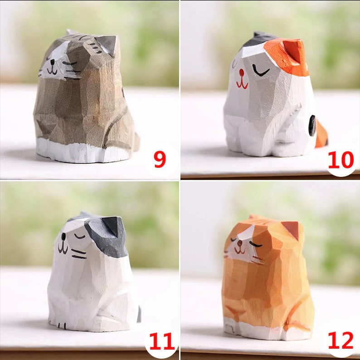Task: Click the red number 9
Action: click(x=160, y=159)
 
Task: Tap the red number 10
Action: click(x=341, y=160)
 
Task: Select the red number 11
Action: click(x=161, y=341)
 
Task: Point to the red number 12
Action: click(x=341, y=340)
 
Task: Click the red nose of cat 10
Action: click(x=241, y=73)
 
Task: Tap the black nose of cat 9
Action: click(x=53, y=62)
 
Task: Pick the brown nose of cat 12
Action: click(x=240, y=243)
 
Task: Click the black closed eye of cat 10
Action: click(x=261, y=71)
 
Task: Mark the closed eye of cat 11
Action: click(x=79, y=237)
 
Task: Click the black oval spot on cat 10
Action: click(x=312, y=125)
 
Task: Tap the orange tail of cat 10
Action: click(x=321, y=134)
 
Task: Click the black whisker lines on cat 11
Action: click(x=79, y=254)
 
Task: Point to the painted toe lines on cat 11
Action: click(x=60, y=325)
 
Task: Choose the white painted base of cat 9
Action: click(x=83, y=151)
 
